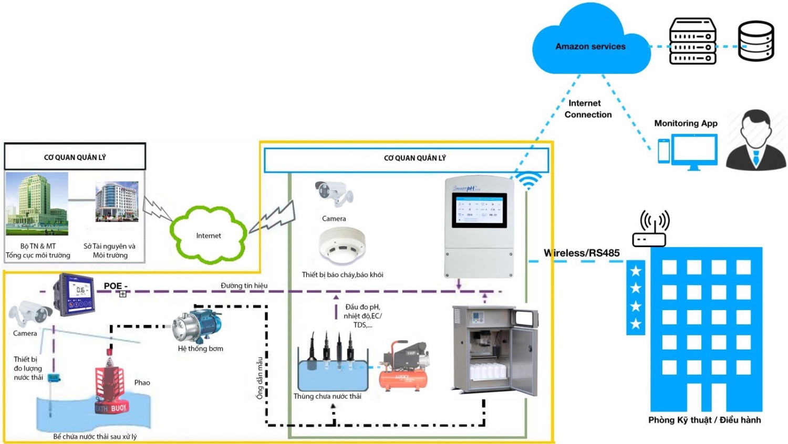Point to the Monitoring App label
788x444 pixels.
coord(686,123)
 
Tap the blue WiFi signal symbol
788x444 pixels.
coord(528,180)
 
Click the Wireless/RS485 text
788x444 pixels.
coord(582,253)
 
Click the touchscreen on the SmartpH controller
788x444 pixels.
coord(480,209)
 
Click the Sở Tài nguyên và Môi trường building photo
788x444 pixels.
coord(117,202)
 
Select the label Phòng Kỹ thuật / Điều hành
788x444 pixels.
coord(704,420)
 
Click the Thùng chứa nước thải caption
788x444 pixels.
coord(327,396)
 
